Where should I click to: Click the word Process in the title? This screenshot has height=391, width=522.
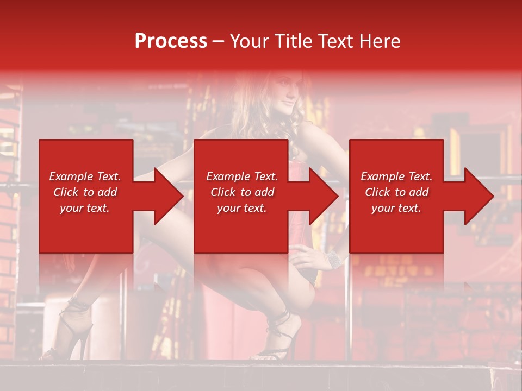[x=171, y=41]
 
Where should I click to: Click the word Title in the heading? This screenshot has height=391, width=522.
[x=291, y=41]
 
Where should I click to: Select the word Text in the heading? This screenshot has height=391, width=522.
[x=334, y=41]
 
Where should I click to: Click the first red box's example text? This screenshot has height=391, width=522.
[x=85, y=192]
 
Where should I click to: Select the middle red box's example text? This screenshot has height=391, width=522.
[x=242, y=192]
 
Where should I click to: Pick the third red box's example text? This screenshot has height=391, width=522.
[x=396, y=192]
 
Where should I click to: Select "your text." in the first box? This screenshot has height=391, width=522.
[x=85, y=208]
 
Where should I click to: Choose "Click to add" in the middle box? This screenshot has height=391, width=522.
[x=242, y=192]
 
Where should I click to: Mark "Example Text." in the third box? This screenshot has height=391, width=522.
[x=396, y=176]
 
